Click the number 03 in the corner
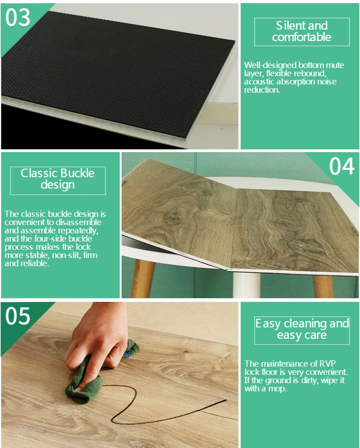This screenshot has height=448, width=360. point(18,17)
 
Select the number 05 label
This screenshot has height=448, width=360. point(18,316)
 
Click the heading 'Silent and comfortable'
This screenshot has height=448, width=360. point(302,32)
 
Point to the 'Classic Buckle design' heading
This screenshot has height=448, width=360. point(57,179)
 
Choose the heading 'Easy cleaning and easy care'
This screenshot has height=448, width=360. point(302,329)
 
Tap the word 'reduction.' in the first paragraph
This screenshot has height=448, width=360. point(262,90)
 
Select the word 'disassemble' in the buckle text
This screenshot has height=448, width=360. point(78,222)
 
